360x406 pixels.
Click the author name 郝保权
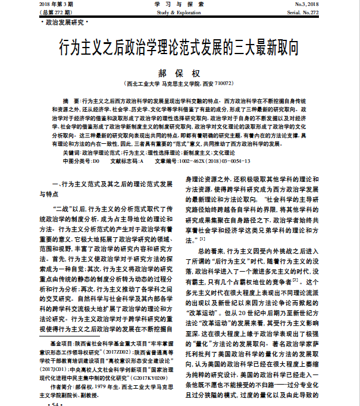tap(179, 71)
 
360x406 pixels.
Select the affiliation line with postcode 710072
tap(179, 84)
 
